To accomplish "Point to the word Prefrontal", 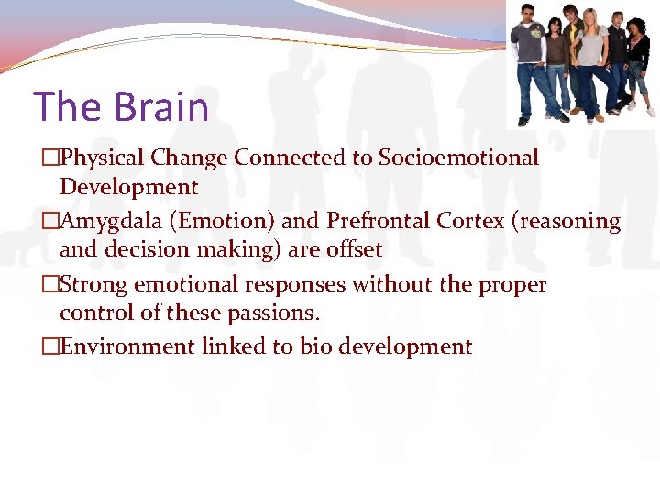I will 377,221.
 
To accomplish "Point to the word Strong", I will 95,284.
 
